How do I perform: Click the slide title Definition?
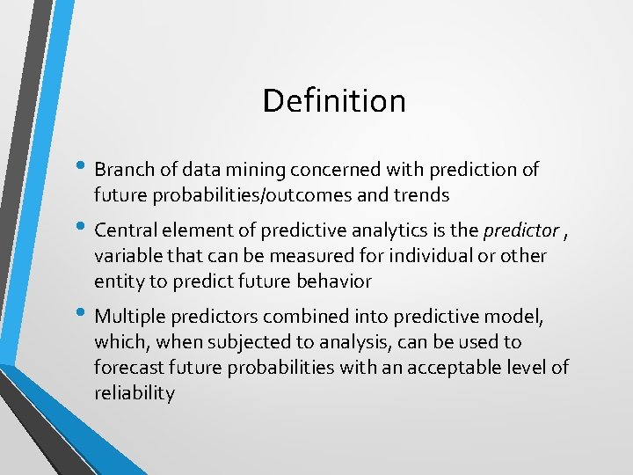[334, 101]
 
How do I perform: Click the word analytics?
[388, 230]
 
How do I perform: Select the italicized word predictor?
[520, 230]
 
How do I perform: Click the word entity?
[118, 281]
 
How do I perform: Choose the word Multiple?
[128, 316]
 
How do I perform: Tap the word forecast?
[128, 367]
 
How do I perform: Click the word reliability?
[134, 393]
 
